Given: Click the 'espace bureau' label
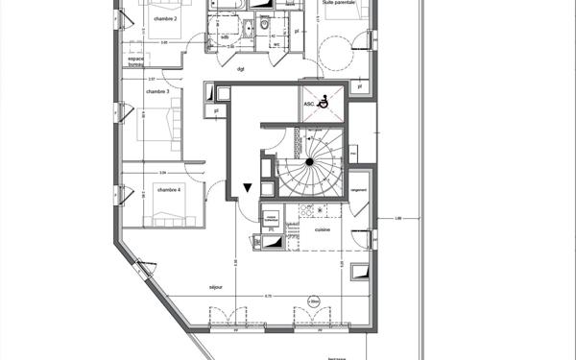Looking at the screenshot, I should click(x=140, y=62).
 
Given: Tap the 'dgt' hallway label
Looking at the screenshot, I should click(x=240, y=68).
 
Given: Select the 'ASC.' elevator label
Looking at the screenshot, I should click(x=309, y=104).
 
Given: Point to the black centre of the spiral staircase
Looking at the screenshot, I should click(x=310, y=163).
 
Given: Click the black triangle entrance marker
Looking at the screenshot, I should click(x=248, y=188).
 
